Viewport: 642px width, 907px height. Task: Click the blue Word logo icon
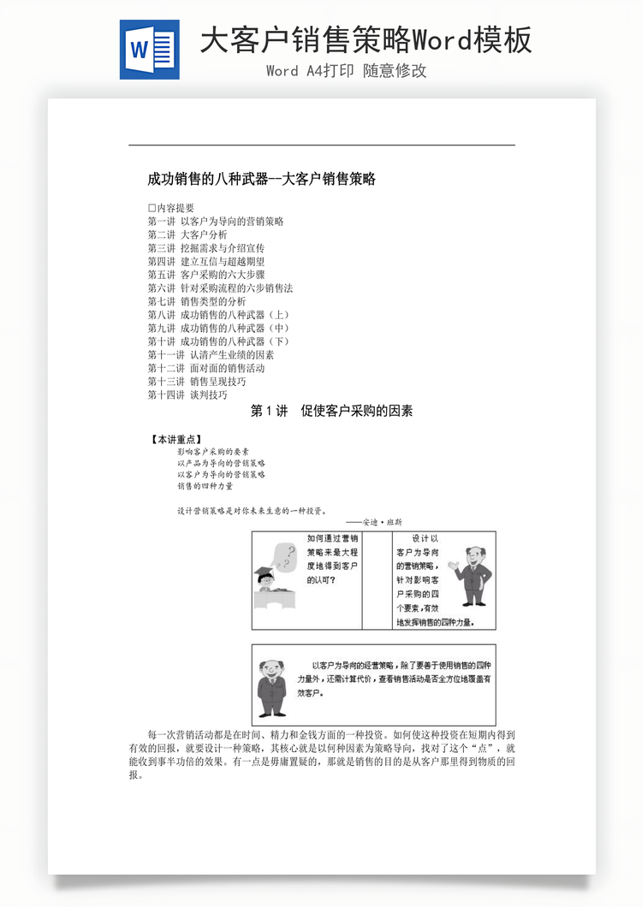pos(150,50)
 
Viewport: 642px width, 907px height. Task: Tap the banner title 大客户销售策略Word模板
pos(366,39)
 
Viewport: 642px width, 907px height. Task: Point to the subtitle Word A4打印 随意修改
pos(346,71)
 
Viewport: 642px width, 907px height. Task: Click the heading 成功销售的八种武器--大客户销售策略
pos(261,179)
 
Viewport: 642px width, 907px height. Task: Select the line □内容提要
pos(170,208)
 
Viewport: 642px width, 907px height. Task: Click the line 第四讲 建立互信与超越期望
pos(205,261)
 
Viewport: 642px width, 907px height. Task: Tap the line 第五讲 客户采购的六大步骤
pos(205,275)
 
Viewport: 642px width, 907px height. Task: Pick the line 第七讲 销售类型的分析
pos(196,301)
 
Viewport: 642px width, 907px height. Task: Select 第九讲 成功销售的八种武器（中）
pos(217,328)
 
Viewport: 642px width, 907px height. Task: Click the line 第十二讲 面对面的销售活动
pos(205,368)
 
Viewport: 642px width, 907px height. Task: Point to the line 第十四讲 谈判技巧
pos(187,394)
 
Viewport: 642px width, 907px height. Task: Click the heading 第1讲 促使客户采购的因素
pos(331,412)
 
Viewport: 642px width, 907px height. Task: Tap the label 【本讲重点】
pos(176,440)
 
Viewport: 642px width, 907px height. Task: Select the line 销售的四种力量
pos(205,486)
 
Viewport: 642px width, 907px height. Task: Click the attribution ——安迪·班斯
pos(374,522)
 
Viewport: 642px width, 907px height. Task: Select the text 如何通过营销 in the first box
pos(332,539)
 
